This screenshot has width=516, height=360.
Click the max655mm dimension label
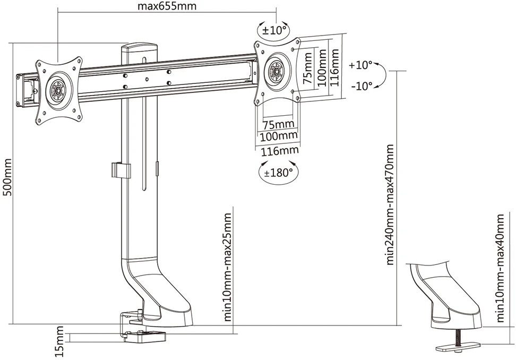[167, 6]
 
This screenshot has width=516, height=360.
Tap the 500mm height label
[7, 177]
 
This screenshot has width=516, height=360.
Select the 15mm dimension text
[59, 341]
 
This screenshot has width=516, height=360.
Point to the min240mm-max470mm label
[390, 204]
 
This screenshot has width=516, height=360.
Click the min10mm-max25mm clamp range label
[228, 267]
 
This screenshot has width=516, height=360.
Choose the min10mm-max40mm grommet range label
[500, 268]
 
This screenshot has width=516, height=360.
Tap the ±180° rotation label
[278, 172]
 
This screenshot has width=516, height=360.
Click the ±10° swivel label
[274, 30]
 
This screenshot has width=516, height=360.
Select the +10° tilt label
[360, 65]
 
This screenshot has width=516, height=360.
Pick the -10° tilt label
[362, 86]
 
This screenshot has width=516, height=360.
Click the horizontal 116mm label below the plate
[280, 151]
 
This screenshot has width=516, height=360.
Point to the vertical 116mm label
[334, 67]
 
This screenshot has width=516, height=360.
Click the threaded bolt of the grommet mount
[458, 336]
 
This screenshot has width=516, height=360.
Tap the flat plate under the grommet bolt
[458, 346]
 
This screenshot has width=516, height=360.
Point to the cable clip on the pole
[121, 170]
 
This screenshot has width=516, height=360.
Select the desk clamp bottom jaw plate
[145, 336]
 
